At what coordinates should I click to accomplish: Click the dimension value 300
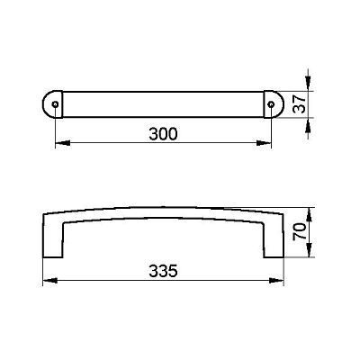163,134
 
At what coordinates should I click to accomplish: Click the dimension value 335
163,271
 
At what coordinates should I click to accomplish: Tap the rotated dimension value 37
299,104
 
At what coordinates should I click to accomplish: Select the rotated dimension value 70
300,231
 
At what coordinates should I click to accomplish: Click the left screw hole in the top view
55,104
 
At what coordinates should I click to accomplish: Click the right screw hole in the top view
271,104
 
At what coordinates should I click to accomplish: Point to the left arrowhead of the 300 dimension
63,143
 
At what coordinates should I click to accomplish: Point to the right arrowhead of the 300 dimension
264,143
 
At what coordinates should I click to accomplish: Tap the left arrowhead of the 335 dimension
50,281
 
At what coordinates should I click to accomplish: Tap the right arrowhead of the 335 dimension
276,281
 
